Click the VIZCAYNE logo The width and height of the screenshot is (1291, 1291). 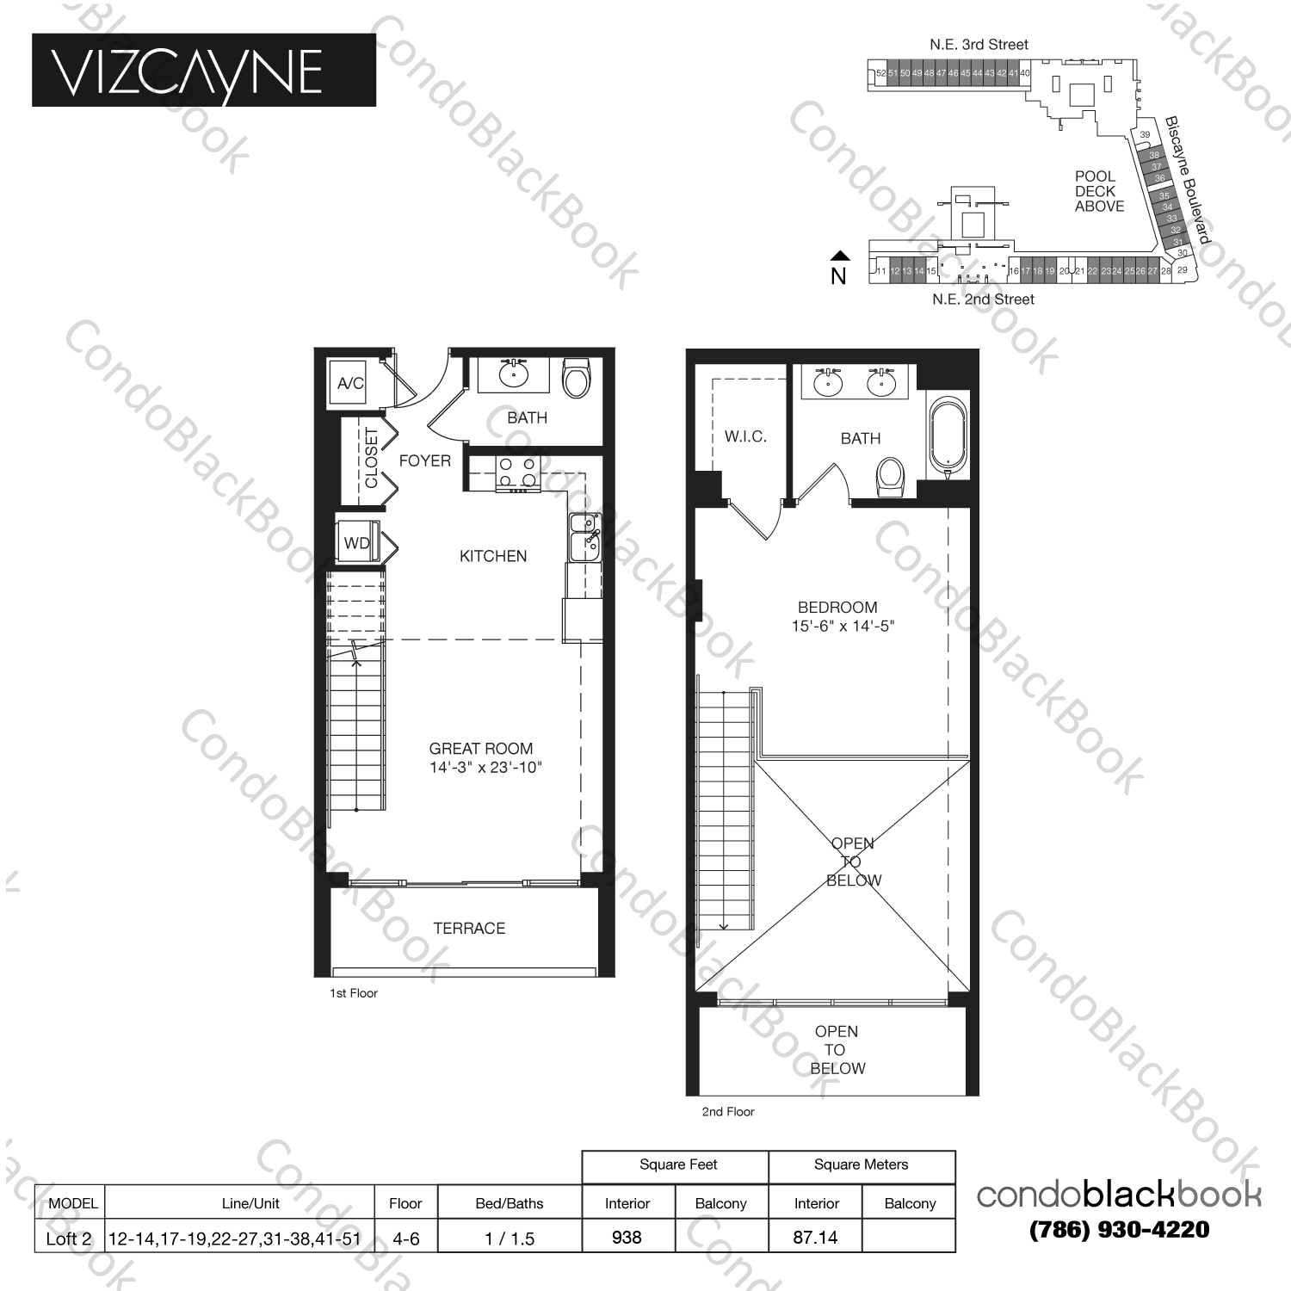(x=203, y=71)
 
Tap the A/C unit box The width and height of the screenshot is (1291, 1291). (x=349, y=383)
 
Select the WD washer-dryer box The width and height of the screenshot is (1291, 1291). (x=357, y=542)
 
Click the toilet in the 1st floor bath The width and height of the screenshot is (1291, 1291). (x=576, y=379)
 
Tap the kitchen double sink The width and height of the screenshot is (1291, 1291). (x=584, y=537)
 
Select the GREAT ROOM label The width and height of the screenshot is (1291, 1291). (x=480, y=749)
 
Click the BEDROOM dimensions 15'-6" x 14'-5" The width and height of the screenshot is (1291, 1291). (x=843, y=627)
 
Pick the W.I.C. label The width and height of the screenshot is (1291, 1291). (x=744, y=436)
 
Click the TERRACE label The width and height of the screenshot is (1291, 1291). (x=469, y=928)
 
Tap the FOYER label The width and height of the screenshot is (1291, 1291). (x=424, y=460)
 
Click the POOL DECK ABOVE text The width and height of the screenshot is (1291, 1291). (x=1099, y=191)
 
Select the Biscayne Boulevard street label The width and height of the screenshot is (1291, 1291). (x=1187, y=180)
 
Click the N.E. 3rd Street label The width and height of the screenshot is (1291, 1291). (x=979, y=45)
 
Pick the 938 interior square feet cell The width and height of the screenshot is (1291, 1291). (x=627, y=1237)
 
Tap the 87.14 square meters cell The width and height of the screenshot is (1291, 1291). (x=815, y=1237)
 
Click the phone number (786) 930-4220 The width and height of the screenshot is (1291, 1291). (x=1119, y=1230)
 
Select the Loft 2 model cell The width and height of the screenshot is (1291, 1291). (x=69, y=1238)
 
